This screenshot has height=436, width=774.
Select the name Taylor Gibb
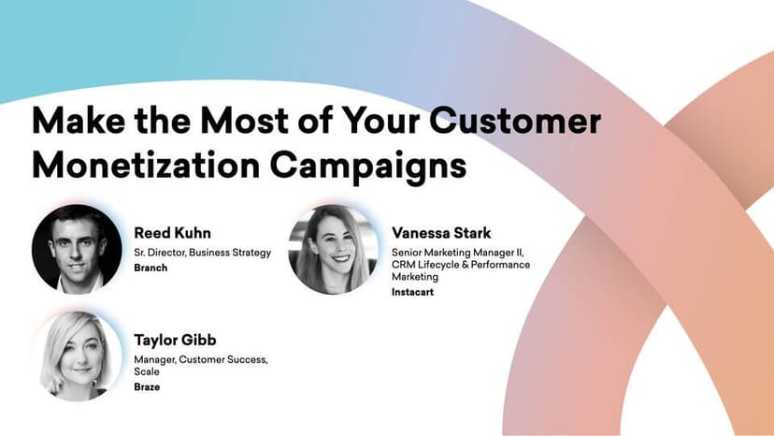tap(176, 340)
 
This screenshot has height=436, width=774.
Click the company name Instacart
tap(413, 292)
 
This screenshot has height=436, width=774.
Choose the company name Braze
tap(148, 386)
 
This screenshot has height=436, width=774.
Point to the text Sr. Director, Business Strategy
tap(202, 252)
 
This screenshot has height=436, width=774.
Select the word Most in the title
tap(259, 123)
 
